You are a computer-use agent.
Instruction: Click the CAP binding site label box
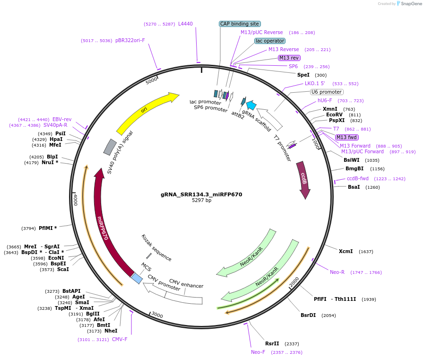click(240, 24)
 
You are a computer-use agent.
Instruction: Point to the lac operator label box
click(269, 41)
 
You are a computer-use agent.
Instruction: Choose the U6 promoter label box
click(326, 92)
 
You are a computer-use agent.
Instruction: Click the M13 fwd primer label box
click(346, 137)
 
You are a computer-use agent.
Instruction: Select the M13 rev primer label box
click(289, 58)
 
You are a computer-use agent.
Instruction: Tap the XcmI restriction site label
click(346, 251)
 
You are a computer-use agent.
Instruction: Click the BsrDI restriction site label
click(308, 315)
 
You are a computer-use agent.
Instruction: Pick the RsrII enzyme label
click(272, 344)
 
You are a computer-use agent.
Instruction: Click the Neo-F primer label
click(258, 352)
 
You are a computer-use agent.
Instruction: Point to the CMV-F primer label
click(120, 339)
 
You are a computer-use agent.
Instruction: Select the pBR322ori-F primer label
click(130, 41)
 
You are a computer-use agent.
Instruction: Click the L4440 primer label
click(185, 24)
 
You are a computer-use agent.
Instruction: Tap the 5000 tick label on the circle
click(151, 81)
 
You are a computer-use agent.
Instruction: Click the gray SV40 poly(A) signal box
click(110, 147)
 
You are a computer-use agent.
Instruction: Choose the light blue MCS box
click(136, 278)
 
